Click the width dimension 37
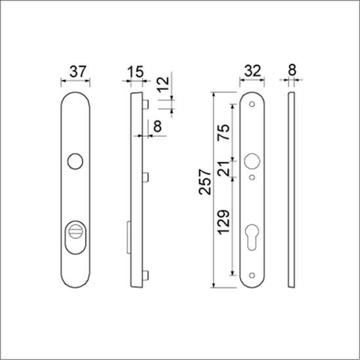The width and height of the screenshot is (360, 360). coord(75,71)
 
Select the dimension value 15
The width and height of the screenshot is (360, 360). coord(135,71)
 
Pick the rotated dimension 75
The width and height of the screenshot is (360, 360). coord(223,134)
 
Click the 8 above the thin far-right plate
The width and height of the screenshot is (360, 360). coord(292,71)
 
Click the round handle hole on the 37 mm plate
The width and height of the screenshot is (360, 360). coord(75,160)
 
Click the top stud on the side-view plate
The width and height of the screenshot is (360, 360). coord(147,103)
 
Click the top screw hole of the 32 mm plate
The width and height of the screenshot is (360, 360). coord(252,105)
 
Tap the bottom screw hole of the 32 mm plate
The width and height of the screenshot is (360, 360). coord(252,274)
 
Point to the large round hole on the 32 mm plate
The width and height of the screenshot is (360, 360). coord(252,160)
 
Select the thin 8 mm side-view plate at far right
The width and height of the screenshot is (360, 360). coord(292,190)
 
